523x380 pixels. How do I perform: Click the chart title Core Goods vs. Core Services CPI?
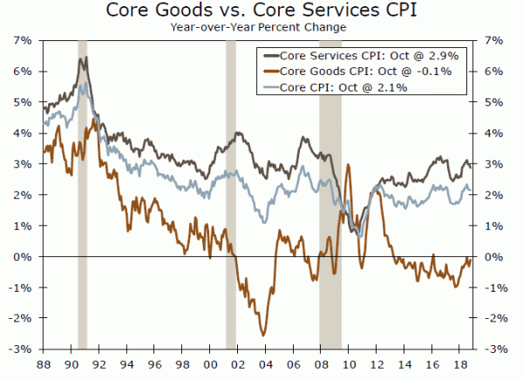(261, 11)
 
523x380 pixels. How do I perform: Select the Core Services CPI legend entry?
(366, 55)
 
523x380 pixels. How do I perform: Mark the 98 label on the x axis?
(181, 363)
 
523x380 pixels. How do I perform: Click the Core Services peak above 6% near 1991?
(84, 58)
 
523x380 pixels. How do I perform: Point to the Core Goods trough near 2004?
(262, 335)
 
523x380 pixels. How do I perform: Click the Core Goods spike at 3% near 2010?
(349, 165)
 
